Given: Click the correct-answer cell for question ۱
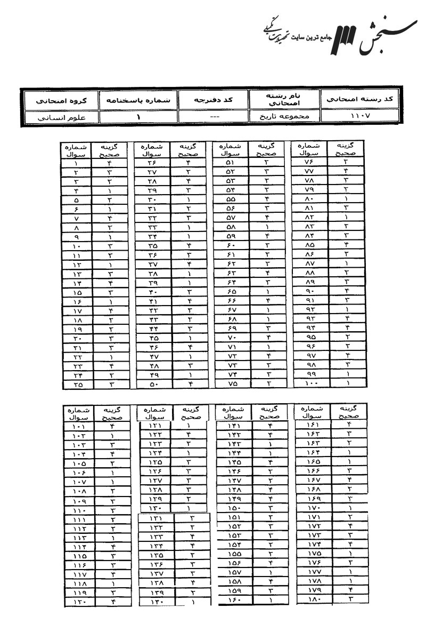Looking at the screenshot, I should (x=109, y=161).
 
